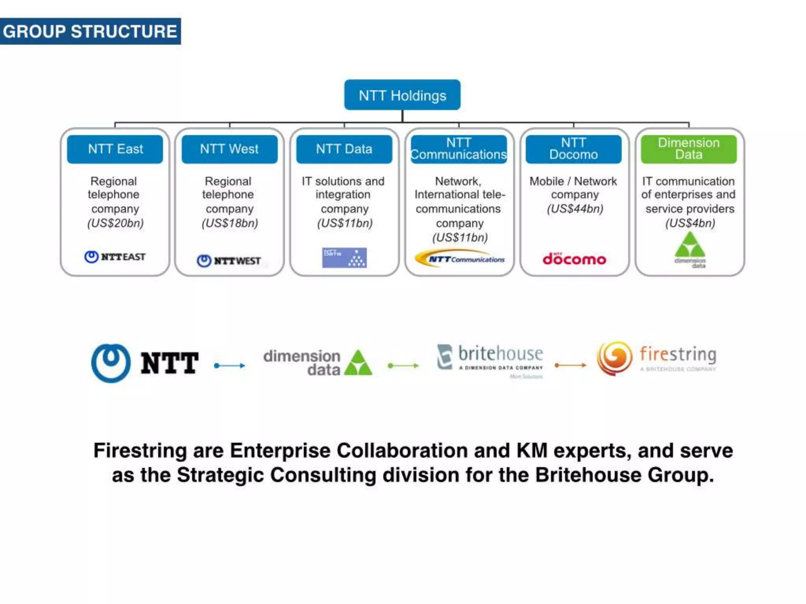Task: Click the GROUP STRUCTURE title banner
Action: (90, 31)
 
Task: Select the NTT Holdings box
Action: (402, 95)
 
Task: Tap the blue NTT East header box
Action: (115, 149)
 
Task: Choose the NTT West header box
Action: (229, 149)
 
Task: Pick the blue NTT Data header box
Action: (344, 149)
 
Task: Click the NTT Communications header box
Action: (458, 149)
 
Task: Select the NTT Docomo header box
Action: (573, 149)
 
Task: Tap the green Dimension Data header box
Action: (688, 149)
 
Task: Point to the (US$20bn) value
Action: (115, 223)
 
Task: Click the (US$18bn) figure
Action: (230, 223)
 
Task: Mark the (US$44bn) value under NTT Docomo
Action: (575, 209)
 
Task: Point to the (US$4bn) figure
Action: (690, 223)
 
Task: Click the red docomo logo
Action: (574, 259)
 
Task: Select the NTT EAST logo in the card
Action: (115, 257)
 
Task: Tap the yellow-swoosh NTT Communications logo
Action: (460, 258)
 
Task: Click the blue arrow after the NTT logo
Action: (229, 365)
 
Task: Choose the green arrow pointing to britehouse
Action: (403, 365)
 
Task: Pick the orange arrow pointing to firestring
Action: (570, 365)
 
